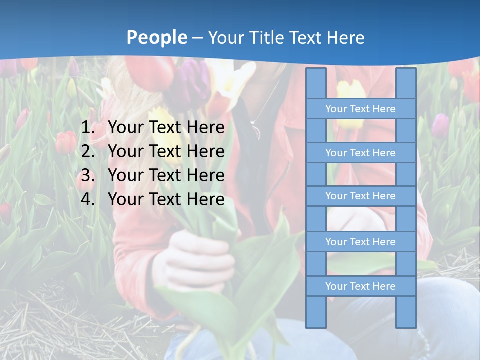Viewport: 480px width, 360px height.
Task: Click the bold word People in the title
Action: (x=157, y=38)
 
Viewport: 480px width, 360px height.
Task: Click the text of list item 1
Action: (x=166, y=128)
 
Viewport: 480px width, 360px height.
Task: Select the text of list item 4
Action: (x=166, y=199)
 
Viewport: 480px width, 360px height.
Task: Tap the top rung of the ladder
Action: (x=360, y=109)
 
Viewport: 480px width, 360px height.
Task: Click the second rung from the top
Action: (x=360, y=153)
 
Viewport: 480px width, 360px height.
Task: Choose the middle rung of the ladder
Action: (x=360, y=196)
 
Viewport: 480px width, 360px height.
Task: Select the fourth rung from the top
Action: (x=360, y=242)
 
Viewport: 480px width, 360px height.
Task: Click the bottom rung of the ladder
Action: (x=360, y=286)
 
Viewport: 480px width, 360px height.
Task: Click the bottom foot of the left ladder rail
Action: (x=316, y=322)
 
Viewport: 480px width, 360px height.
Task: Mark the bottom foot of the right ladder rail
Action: (x=406, y=322)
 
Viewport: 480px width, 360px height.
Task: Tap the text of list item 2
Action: (x=166, y=151)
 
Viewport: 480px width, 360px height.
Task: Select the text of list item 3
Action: (x=166, y=175)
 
